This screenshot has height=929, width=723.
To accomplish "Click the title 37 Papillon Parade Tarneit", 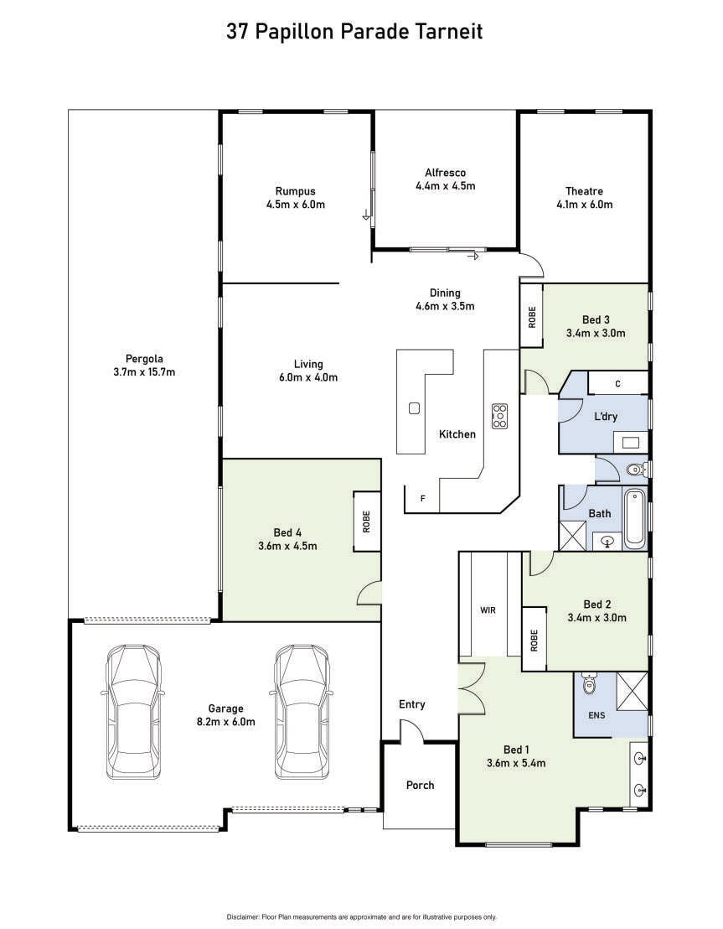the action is (354, 31).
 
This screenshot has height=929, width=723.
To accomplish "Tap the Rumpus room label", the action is (295, 191).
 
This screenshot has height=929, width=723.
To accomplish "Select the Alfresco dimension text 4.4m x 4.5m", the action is (446, 186).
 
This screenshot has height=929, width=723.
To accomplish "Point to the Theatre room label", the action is (584, 191).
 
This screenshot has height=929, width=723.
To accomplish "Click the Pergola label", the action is (144, 359).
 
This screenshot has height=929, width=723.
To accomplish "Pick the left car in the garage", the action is (133, 712).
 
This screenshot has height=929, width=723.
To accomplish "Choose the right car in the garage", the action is (302, 712).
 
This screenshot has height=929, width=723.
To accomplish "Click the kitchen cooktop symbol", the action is (499, 416).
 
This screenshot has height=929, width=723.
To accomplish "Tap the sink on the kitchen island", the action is (414, 408).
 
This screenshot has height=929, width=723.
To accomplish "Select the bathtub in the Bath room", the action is (634, 517).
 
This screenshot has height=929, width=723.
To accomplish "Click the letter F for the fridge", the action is (423, 499).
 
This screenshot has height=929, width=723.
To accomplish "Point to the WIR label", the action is (488, 610).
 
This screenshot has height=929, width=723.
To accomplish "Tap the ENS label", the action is (596, 716).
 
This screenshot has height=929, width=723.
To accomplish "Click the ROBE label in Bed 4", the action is (367, 522).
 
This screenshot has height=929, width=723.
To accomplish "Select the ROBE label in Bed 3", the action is (532, 317).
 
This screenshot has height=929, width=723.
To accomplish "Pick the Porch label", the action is (420, 785).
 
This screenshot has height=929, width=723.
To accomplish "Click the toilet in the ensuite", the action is (589, 683).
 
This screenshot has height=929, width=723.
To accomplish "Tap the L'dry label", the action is (606, 417).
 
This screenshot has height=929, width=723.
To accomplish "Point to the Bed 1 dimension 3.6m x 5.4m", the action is (516, 763).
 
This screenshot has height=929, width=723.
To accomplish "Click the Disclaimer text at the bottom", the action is (361, 917).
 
